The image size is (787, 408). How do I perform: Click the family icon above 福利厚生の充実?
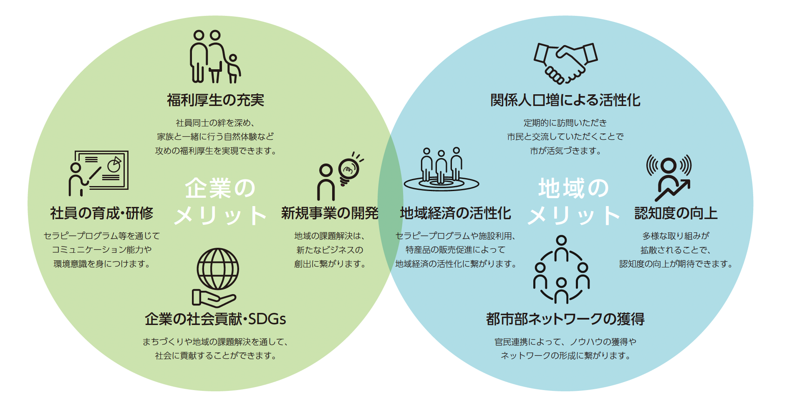pos(215,57)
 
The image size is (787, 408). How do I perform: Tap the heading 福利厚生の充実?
pos(215,100)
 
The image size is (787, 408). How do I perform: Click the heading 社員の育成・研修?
pos(101,213)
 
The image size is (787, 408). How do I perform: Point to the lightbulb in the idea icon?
pos(348,170)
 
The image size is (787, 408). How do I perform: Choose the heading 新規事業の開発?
pos(329,213)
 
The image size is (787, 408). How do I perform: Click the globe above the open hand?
pos(217,269)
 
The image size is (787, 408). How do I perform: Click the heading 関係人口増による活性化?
pos(565,100)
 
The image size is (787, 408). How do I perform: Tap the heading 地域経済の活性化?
pos(455,213)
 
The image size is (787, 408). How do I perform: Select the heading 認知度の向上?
pos(676,213)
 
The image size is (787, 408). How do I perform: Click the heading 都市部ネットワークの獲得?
pos(565,319)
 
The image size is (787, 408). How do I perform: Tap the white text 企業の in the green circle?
pos(220,188)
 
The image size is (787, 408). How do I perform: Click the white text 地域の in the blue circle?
pos(573,188)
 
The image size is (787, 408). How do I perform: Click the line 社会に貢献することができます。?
pos(215,356)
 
